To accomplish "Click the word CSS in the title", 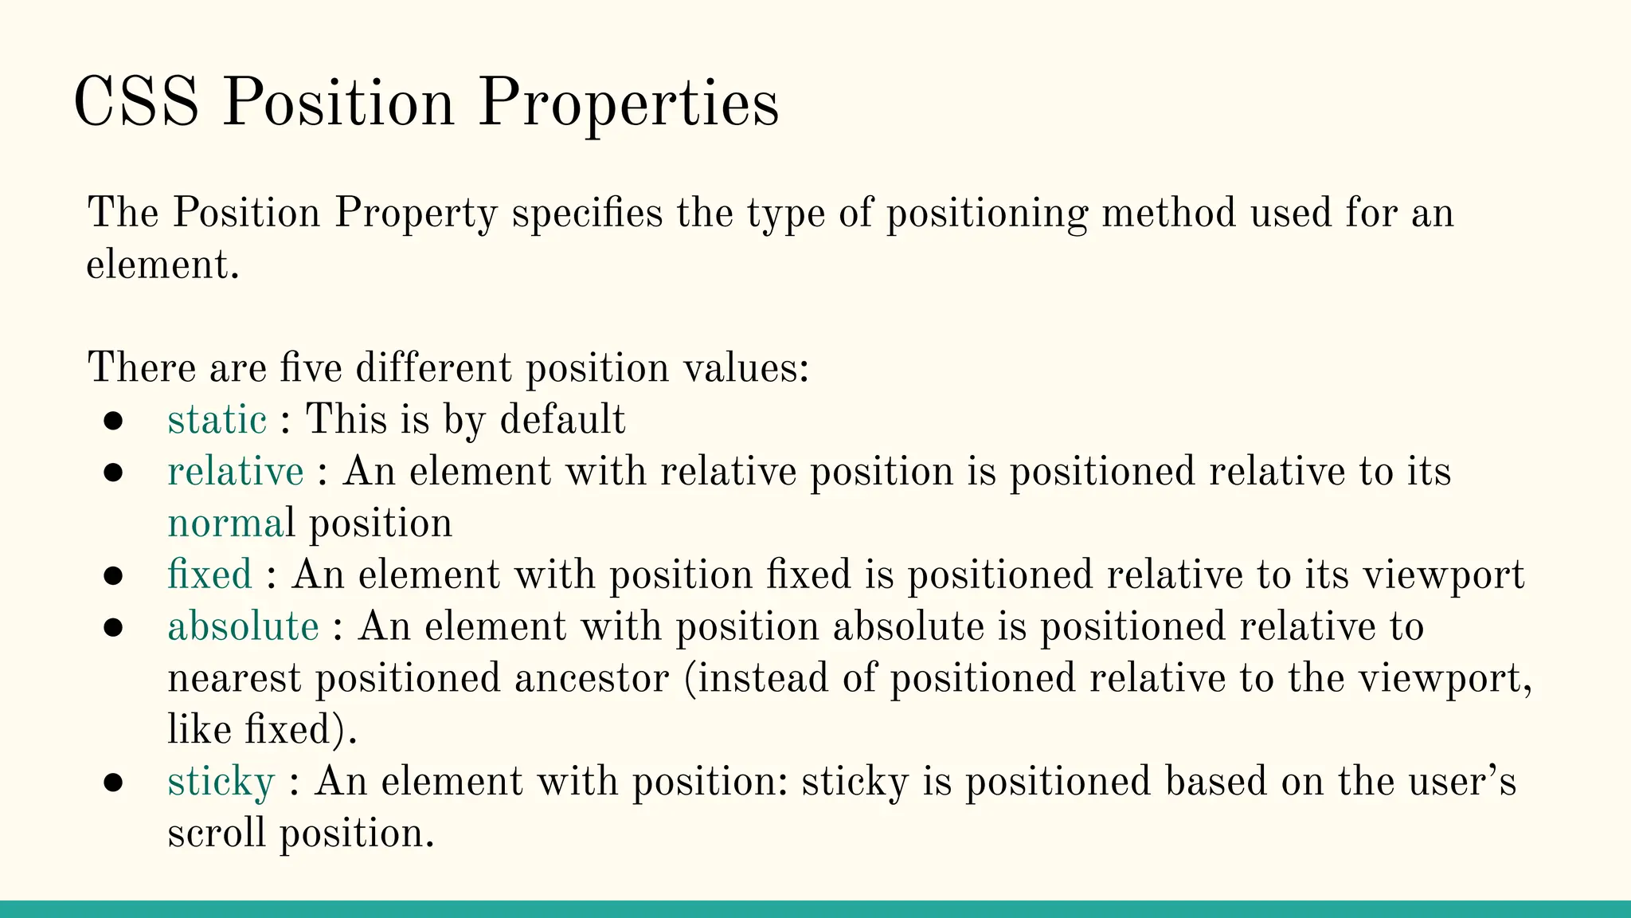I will pyautogui.click(x=135, y=103).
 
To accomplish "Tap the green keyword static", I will pyautogui.click(x=217, y=419).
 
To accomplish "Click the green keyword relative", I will pyautogui.click(x=236, y=471).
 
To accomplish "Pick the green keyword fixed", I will pyautogui.click(x=209, y=575).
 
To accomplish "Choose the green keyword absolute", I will pyautogui.click(x=243, y=626).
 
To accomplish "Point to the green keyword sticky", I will pyautogui.click(x=221, y=782).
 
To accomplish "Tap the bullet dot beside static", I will pyautogui.click(x=113, y=421).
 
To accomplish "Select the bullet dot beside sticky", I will pyautogui.click(x=113, y=783).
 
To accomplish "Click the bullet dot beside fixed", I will pyautogui.click(x=113, y=575).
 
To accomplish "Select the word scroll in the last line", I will pyautogui.click(x=216, y=834).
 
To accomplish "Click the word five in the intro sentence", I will pyautogui.click(x=311, y=368).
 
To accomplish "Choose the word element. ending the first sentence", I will pyautogui.click(x=162, y=265).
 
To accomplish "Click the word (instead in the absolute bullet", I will pyautogui.click(x=757, y=678).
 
